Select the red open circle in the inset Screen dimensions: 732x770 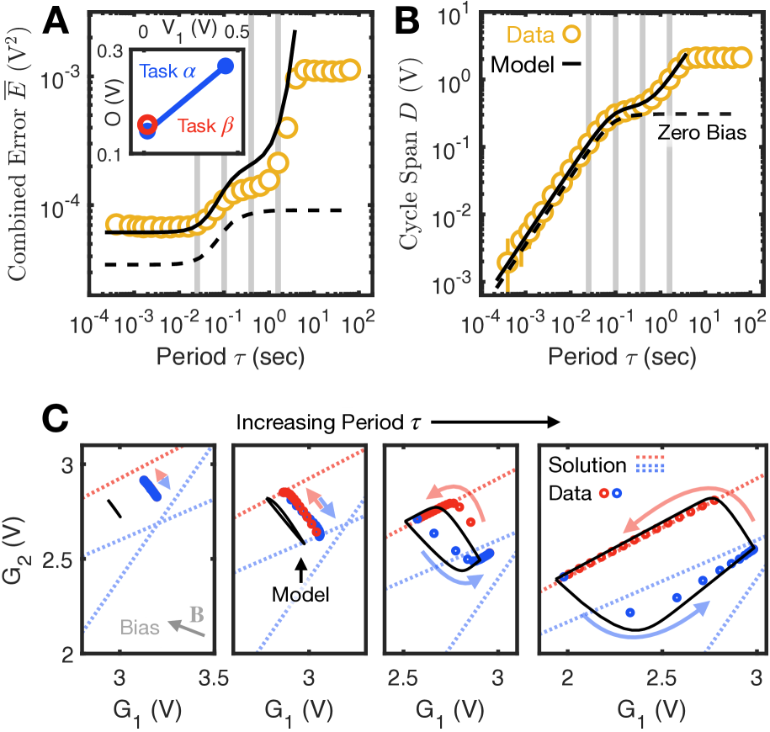(x=147, y=125)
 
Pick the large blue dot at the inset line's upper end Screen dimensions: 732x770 (x=226, y=66)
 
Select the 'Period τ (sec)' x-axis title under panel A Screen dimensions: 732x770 (x=230, y=356)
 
